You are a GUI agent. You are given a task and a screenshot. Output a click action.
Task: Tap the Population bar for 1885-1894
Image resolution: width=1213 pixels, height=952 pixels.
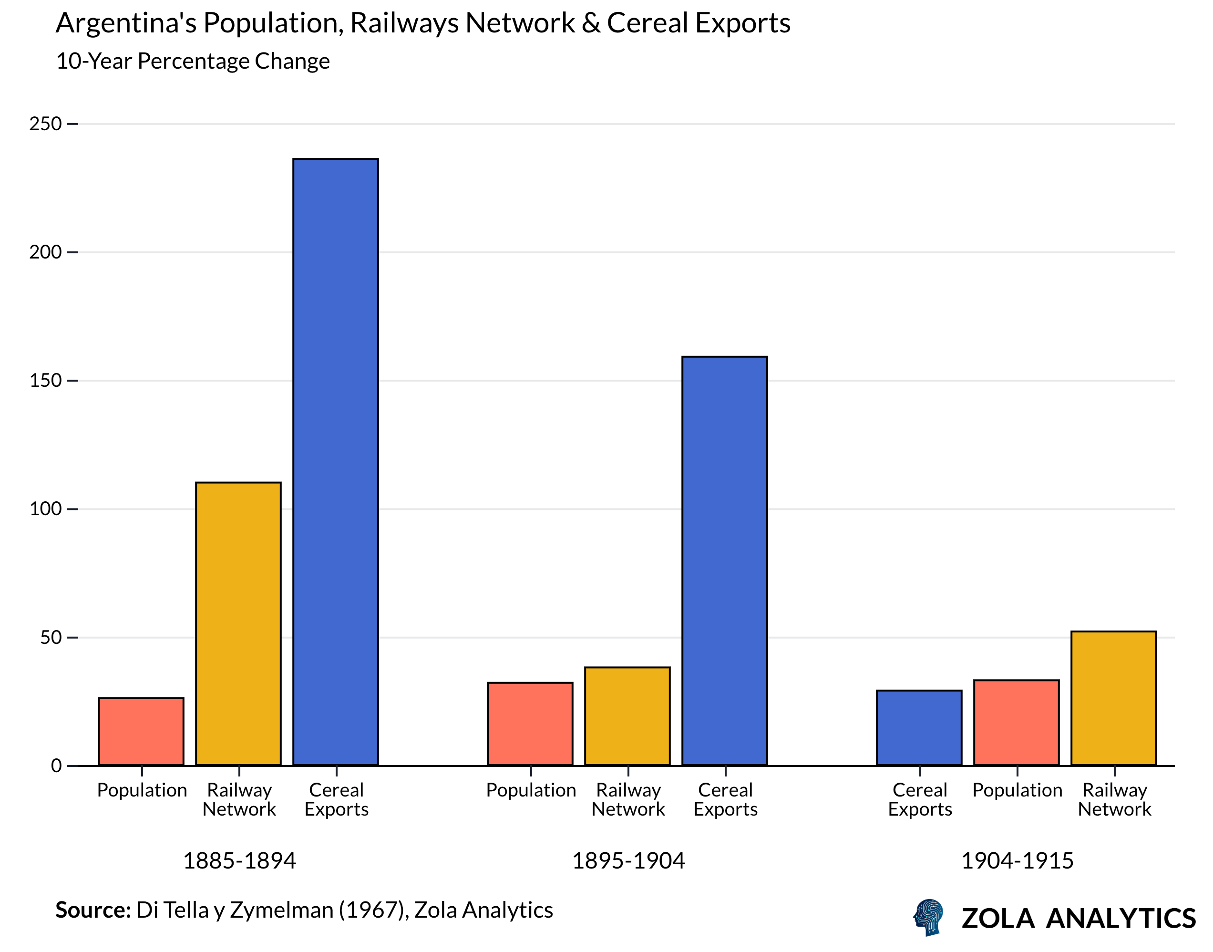click(141, 731)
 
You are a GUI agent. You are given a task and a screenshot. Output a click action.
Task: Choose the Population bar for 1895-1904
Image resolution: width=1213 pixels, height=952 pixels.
click(530, 724)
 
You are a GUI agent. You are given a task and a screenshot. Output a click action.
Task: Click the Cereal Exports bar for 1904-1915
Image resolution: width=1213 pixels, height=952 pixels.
click(919, 727)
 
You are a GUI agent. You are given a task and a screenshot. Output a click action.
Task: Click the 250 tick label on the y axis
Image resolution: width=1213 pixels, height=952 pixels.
click(45, 124)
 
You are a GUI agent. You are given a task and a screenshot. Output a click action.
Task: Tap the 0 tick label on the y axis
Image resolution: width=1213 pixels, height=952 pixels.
click(56, 766)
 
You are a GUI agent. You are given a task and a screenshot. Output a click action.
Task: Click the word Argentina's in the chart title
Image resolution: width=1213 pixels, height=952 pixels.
click(126, 23)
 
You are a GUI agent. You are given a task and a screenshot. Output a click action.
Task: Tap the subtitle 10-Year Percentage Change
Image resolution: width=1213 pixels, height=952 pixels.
click(193, 61)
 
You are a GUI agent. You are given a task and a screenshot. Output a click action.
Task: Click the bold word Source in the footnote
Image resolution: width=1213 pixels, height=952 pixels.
click(93, 910)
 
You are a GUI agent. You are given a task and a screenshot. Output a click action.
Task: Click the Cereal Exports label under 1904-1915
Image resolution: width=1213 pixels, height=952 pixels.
click(920, 799)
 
